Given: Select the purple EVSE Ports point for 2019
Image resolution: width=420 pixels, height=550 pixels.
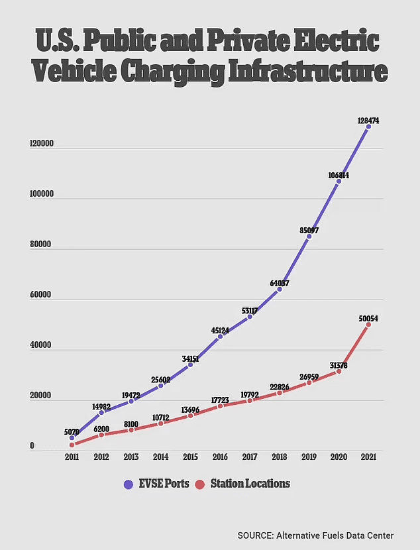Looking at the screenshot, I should (x=309, y=236).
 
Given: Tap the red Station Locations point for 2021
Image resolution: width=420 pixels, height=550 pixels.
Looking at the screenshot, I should (x=368, y=325).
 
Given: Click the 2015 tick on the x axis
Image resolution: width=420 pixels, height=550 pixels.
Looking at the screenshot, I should (x=190, y=457).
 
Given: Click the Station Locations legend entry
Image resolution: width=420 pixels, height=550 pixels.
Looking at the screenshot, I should (x=243, y=484).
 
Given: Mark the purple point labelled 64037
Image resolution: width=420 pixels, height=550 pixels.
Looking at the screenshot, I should (x=280, y=289).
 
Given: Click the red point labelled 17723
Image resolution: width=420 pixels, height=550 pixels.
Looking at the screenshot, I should (x=220, y=406).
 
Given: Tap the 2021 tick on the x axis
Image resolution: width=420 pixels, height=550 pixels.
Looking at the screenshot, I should (x=368, y=457).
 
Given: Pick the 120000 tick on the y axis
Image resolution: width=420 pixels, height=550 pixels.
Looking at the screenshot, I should (x=41, y=143).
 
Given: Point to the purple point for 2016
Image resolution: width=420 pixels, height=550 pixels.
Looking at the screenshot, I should (x=220, y=337).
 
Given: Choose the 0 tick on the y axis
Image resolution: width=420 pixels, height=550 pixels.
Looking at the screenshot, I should (x=31, y=446).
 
